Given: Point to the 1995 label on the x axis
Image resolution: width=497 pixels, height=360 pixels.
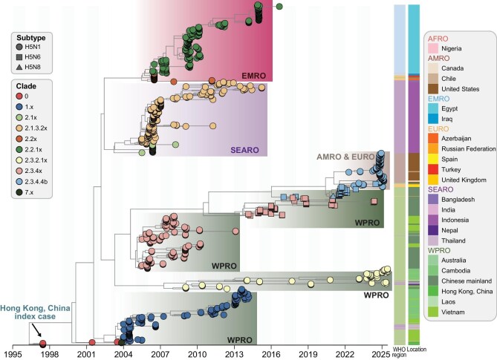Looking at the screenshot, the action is [13, 353].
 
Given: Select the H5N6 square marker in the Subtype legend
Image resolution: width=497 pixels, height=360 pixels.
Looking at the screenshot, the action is [19, 57].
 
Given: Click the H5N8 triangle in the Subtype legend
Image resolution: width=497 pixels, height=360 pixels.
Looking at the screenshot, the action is [19, 67].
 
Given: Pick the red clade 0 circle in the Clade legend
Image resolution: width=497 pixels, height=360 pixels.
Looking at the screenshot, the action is [19, 96].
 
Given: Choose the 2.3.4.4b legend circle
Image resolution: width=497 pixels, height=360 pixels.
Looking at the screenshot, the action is [19, 181].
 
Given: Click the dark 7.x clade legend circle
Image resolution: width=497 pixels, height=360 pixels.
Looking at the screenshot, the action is [19, 192].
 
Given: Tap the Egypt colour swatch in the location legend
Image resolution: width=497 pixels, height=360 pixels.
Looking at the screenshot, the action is [433, 108].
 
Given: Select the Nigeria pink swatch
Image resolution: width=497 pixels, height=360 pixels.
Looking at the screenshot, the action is [433, 48].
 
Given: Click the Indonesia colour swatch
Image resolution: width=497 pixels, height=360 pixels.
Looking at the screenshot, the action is [433, 220].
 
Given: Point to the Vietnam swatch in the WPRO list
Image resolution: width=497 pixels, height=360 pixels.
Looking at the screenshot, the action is [433, 312].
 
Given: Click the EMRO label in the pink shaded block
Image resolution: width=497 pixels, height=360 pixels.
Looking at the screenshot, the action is [253, 76].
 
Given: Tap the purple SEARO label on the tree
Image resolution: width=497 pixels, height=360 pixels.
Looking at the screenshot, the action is [244, 150].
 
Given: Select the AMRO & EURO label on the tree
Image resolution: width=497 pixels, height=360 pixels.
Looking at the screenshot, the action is [345, 157].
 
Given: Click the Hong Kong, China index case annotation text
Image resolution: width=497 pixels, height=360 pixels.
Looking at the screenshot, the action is [35, 312].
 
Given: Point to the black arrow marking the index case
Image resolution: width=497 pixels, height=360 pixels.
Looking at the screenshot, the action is [36, 330].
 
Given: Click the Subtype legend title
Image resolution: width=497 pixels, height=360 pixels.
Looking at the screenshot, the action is [31, 38].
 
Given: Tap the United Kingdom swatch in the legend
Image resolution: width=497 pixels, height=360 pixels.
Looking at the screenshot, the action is [433, 180].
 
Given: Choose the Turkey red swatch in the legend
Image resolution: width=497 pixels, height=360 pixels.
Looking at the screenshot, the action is [433, 169].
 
